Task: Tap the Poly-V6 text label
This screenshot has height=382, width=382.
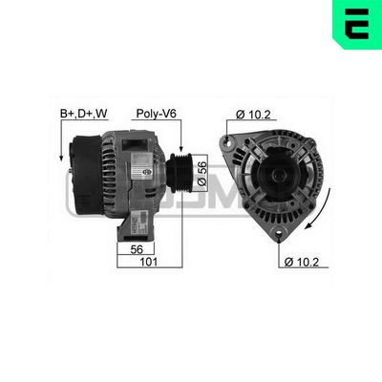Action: click(x=156, y=113)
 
